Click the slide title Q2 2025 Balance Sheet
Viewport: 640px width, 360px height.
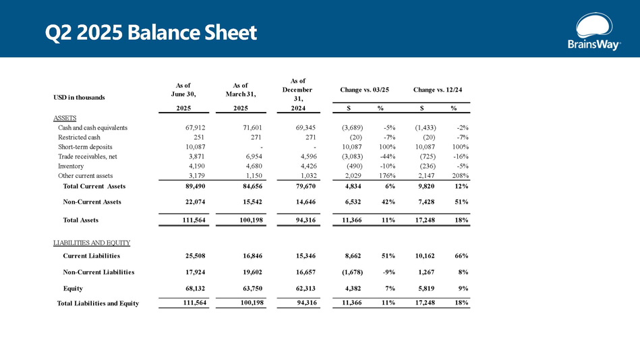[x=151, y=32]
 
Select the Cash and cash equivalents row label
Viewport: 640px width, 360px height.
[x=93, y=127]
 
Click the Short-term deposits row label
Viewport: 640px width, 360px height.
[x=85, y=146]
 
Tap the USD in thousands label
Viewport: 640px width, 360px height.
[x=80, y=98]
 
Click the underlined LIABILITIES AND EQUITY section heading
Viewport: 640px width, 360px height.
[x=92, y=242]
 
